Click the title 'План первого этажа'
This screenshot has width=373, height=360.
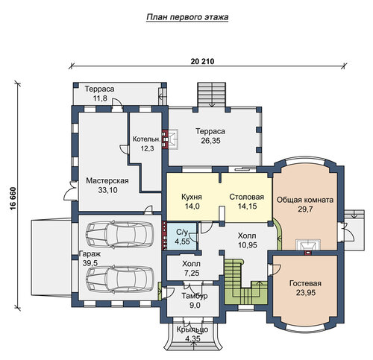pos(187,17)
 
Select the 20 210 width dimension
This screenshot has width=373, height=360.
pos(202,61)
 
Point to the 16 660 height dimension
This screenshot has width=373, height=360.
pos(13,199)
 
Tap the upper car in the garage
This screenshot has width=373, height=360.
pos(119,234)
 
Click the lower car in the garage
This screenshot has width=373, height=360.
pos(119,280)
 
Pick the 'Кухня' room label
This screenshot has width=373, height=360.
pos(192,197)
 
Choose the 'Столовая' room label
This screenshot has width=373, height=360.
pos(246,197)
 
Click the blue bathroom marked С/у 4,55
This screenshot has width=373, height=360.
pos(181,236)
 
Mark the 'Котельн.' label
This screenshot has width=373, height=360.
pos(146,139)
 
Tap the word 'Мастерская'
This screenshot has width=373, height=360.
pos(107,180)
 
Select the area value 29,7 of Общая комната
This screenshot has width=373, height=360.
pos(305,209)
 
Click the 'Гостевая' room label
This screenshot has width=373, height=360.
pos(305,283)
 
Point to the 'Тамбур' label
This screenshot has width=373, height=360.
pos(195,296)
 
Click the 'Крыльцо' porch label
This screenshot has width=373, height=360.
pos(192,329)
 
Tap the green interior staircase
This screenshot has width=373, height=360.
pos(245,282)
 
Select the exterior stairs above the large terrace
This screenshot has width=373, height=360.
pos(212,95)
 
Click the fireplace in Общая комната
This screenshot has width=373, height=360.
pos(308,245)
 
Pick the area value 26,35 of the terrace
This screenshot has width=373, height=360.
pos(210,141)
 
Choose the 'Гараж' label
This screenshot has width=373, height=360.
pos(90,254)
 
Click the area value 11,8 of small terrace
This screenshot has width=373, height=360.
pos(100,98)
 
